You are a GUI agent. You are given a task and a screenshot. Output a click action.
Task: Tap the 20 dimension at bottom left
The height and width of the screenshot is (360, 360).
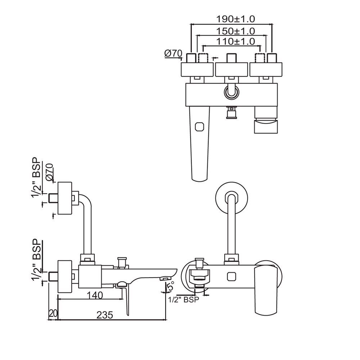pos(53,314)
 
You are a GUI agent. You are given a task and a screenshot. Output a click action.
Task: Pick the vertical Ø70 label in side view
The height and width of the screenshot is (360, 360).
pos(50,172)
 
